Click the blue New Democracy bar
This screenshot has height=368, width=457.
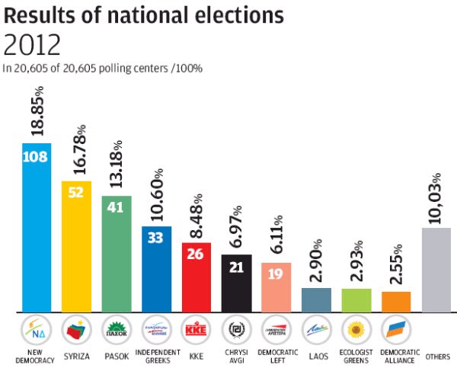click(x=37, y=229)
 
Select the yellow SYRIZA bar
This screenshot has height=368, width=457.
click(x=76, y=248)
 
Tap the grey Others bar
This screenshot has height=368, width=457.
click(x=436, y=270)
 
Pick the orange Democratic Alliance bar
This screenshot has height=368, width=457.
click(x=396, y=302)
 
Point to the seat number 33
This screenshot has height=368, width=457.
click(x=157, y=238)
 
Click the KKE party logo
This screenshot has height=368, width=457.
click(x=196, y=331)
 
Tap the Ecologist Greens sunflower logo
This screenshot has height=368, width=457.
click(x=356, y=331)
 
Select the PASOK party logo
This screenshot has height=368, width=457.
click(x=116, y=331)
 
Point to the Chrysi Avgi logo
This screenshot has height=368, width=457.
click(x=236, y=331)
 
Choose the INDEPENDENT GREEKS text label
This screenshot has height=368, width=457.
click(x=156, y=357)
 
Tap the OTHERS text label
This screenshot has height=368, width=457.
click(x=437, y=356)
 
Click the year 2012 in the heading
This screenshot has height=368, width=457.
click(x=32, y=46)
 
